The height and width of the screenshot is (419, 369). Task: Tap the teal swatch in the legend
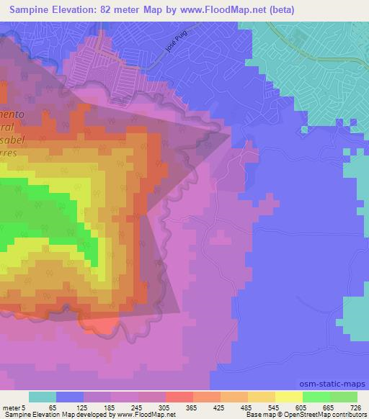click(43, 397)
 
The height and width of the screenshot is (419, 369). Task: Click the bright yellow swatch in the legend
click(289, 397)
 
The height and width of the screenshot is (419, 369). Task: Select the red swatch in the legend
click(179, 397)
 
